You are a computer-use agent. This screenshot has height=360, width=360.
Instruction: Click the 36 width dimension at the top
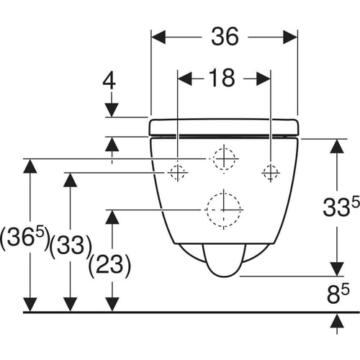coord(225,37)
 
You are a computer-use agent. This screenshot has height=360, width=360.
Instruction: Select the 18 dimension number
coord(222,78)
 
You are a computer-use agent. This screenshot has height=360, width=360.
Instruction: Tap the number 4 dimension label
coord(109,81)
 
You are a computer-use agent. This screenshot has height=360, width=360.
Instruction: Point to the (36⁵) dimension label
coord(25,238)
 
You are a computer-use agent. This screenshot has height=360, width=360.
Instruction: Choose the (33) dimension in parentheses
coord(71,246)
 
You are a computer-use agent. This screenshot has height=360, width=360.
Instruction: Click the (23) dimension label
coord(110,266)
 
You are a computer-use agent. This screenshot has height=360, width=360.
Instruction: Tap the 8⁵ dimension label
coord(338,293)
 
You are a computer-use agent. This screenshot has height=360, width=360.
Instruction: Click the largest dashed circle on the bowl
coord(240,210)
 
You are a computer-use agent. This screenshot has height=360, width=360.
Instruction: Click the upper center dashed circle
coord(235,158)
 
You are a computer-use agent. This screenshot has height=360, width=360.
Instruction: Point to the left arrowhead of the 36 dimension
coord(158,37)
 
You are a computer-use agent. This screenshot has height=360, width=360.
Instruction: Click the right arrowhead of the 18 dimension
coord(264,78)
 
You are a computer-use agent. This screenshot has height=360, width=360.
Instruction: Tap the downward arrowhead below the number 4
coord(112,110)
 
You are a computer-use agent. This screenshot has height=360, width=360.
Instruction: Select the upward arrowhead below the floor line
coord(337,321)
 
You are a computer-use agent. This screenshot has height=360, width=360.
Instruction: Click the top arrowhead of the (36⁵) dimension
coord(30,166)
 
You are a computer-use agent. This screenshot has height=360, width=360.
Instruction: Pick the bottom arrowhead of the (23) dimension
coord(112,305)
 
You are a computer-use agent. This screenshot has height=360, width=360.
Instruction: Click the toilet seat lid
coord(224,127)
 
